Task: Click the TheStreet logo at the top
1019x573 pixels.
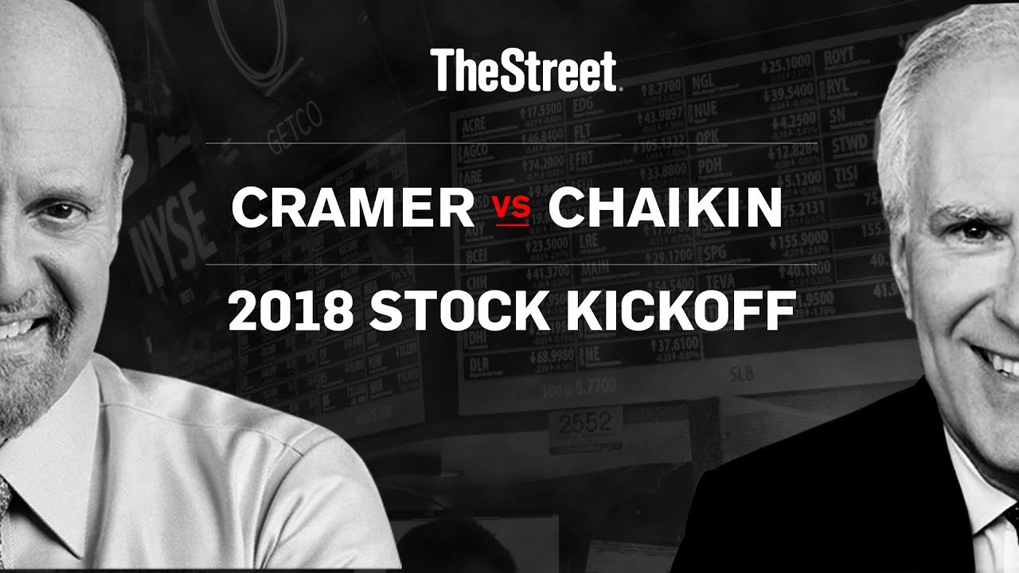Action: (525, 70)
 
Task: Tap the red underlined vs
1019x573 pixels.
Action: (511, 210)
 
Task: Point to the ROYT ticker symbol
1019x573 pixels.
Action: (839, 56)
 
